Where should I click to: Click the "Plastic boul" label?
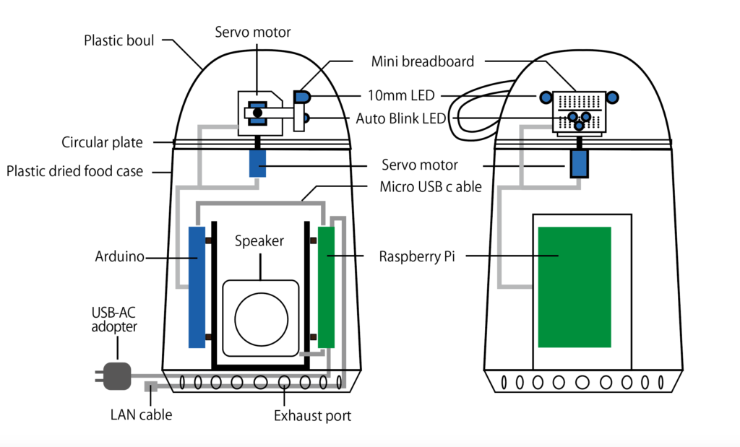[119, 40]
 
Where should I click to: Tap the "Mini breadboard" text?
[423, 61]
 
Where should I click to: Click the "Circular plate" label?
[102, 142]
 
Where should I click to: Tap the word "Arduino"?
[120, 256]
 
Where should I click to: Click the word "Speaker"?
[259, 241]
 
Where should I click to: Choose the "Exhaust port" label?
[312, 416]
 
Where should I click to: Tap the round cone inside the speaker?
[260, 318]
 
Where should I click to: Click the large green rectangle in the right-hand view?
[575, 286]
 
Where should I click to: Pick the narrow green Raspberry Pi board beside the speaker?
[327, 287]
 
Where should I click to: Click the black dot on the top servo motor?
[257, 112]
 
